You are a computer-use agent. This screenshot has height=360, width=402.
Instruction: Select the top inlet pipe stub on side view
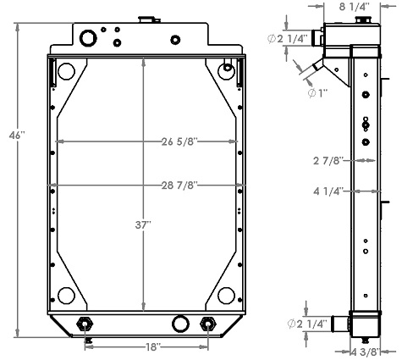click(x=319, y=36)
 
